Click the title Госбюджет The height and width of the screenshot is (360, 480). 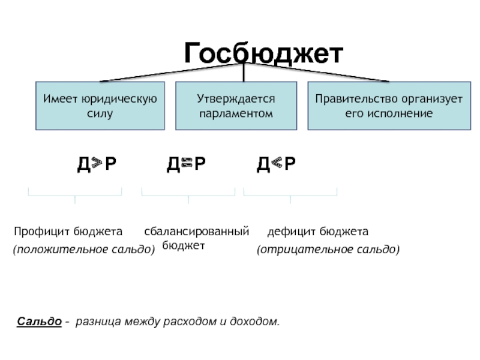pyautogui.click(x=263, y=53)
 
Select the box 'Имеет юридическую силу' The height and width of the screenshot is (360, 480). pyautogui.click(x=100, y=106)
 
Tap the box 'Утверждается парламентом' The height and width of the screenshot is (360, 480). pyautogui.click(x=236, y=106)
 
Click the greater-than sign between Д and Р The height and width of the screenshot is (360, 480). pyautogui.click(x=97, y=163)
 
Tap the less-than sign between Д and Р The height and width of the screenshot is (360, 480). pyautogui.click(x=277, y=163)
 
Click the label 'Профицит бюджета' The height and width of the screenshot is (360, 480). pyautogui.click(x=68, y=232)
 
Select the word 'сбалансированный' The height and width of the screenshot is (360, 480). pyautogui.click(x=196, y=232)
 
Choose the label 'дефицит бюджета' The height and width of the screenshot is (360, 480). pyautogui.click(x=318, y=232)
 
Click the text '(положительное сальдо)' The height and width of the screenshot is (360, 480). pyautogui.click(x=83, y=248)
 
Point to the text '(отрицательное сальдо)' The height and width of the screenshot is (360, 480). pyautogui.click(x=328, y=248)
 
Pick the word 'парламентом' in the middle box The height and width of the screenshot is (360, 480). pyautogui.click(x=236, y=113)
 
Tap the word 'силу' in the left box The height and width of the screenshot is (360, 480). pyautogui.click(x=100, y=113)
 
